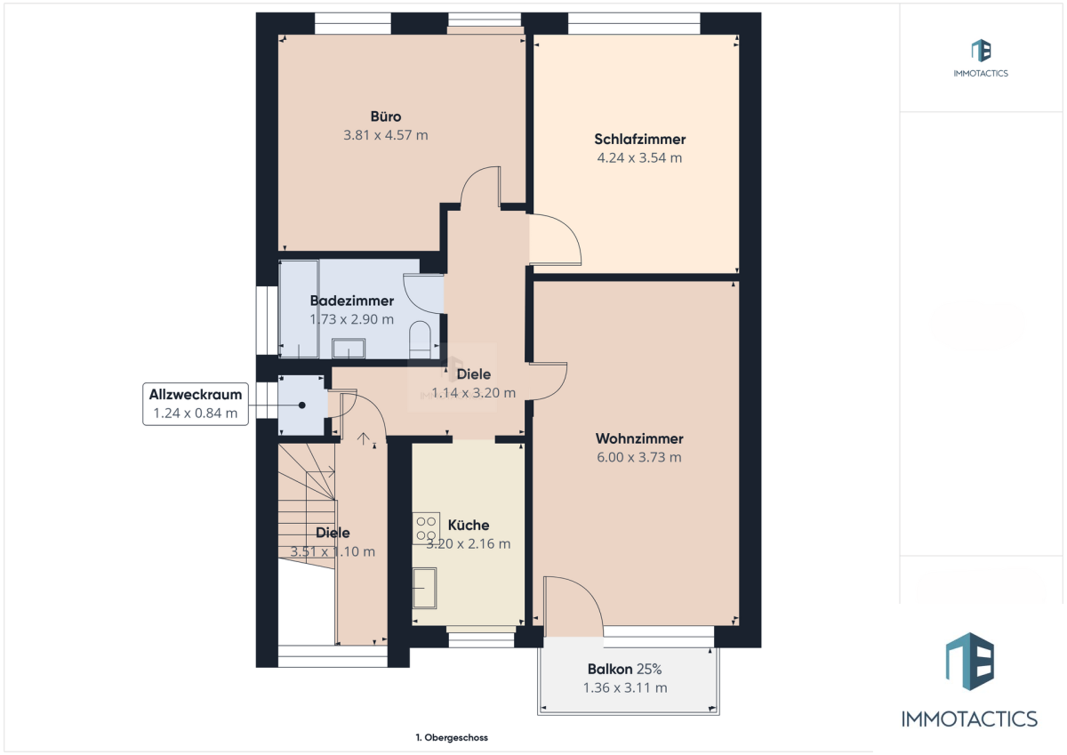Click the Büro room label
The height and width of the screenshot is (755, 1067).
point(385,116)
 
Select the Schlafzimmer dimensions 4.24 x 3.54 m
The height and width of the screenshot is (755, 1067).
point(639,158)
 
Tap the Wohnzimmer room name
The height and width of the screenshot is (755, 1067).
point(639,438)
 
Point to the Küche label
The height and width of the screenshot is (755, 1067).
point(469,525)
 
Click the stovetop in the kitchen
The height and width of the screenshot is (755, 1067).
point(426,528)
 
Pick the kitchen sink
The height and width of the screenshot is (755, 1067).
point(424,589)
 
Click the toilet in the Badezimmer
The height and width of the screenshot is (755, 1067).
point(420,340)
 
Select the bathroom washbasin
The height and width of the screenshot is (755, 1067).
point(349,349)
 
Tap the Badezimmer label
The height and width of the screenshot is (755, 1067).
point(351,301)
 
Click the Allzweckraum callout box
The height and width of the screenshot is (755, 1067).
point(196,404)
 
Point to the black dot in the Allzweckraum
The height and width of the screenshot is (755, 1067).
point(302,406)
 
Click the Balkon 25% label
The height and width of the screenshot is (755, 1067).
point(624,670)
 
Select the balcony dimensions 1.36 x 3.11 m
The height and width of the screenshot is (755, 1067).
point(625,687)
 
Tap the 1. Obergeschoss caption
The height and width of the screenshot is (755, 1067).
point(452,738)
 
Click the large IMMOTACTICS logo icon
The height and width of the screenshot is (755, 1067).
point(970,662)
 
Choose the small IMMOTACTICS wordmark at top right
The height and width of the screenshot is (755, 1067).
point(981,73)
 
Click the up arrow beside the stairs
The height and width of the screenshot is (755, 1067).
point(364,438)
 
